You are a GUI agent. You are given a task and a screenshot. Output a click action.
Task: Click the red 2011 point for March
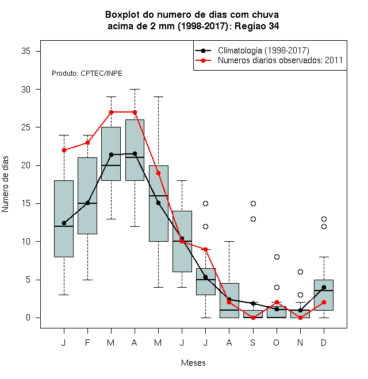click(111, 112)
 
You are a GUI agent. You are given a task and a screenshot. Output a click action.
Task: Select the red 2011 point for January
click(64, 150)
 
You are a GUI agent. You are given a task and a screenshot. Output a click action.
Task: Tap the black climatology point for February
click(87, 203)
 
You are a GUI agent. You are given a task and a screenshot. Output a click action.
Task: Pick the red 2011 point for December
click(324, 302)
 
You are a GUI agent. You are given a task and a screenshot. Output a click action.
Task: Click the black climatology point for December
click(324, 287)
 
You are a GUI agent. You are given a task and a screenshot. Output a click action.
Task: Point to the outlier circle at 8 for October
click(277, 257)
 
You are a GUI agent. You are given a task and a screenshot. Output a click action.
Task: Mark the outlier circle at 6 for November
click(300, 272)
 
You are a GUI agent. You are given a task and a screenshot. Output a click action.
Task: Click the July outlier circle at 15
click(205, 203)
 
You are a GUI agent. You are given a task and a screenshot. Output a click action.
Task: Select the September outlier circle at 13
click(253, 219)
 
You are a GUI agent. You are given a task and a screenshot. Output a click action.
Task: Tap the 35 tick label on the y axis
click(26, 51)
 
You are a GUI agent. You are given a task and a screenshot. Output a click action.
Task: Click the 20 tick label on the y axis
click(26, 165)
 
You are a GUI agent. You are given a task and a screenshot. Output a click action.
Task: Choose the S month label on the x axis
click(253, 342)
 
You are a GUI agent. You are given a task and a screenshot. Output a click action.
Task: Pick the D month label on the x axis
click(324, 342)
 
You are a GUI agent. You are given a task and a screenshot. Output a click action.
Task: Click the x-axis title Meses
click(193, 363)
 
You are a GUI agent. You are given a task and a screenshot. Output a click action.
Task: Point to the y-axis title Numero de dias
click(5, 184)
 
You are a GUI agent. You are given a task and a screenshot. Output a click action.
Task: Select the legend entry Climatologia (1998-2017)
click(263, 51)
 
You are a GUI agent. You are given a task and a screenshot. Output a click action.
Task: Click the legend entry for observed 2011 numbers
click(280, 60)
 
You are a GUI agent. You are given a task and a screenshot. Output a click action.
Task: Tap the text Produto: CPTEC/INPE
click(87, 74)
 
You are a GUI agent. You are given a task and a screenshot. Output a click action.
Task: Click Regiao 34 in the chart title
click(257, 26)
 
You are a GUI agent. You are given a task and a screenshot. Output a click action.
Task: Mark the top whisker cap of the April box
click(135, 89)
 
